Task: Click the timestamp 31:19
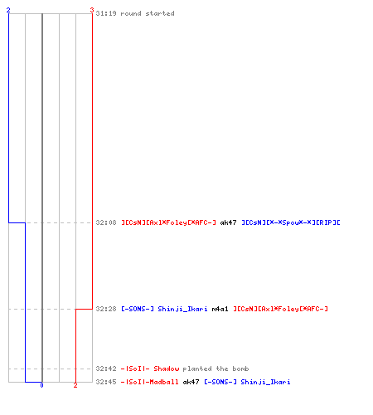tap(106, 13)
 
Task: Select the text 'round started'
tap(148, 13)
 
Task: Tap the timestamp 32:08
tap(106, 222)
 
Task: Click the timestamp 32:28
tap(106, 309)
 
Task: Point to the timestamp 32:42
tap(106, 369)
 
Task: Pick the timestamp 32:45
tap(106, 382)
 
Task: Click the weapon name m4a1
tap(220, 309)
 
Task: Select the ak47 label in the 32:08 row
tap(228, 222)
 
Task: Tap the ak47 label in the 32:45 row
tap(191, 382)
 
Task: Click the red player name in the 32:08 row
tap(168, 222)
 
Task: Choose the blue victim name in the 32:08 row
tap(291, 222)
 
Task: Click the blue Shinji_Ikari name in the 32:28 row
tap(182, 309)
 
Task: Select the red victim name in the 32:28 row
tap(280, 309)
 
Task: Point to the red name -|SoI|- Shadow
tap(150, 369)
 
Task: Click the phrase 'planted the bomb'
tap(216, 369)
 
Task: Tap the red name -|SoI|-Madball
tap(150, 382)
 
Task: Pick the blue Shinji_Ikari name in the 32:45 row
tap(265, 382)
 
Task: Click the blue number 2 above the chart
tap(8, 10)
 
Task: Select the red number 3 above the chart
tap(92, 10)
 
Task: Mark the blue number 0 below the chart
tap(41, 385)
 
